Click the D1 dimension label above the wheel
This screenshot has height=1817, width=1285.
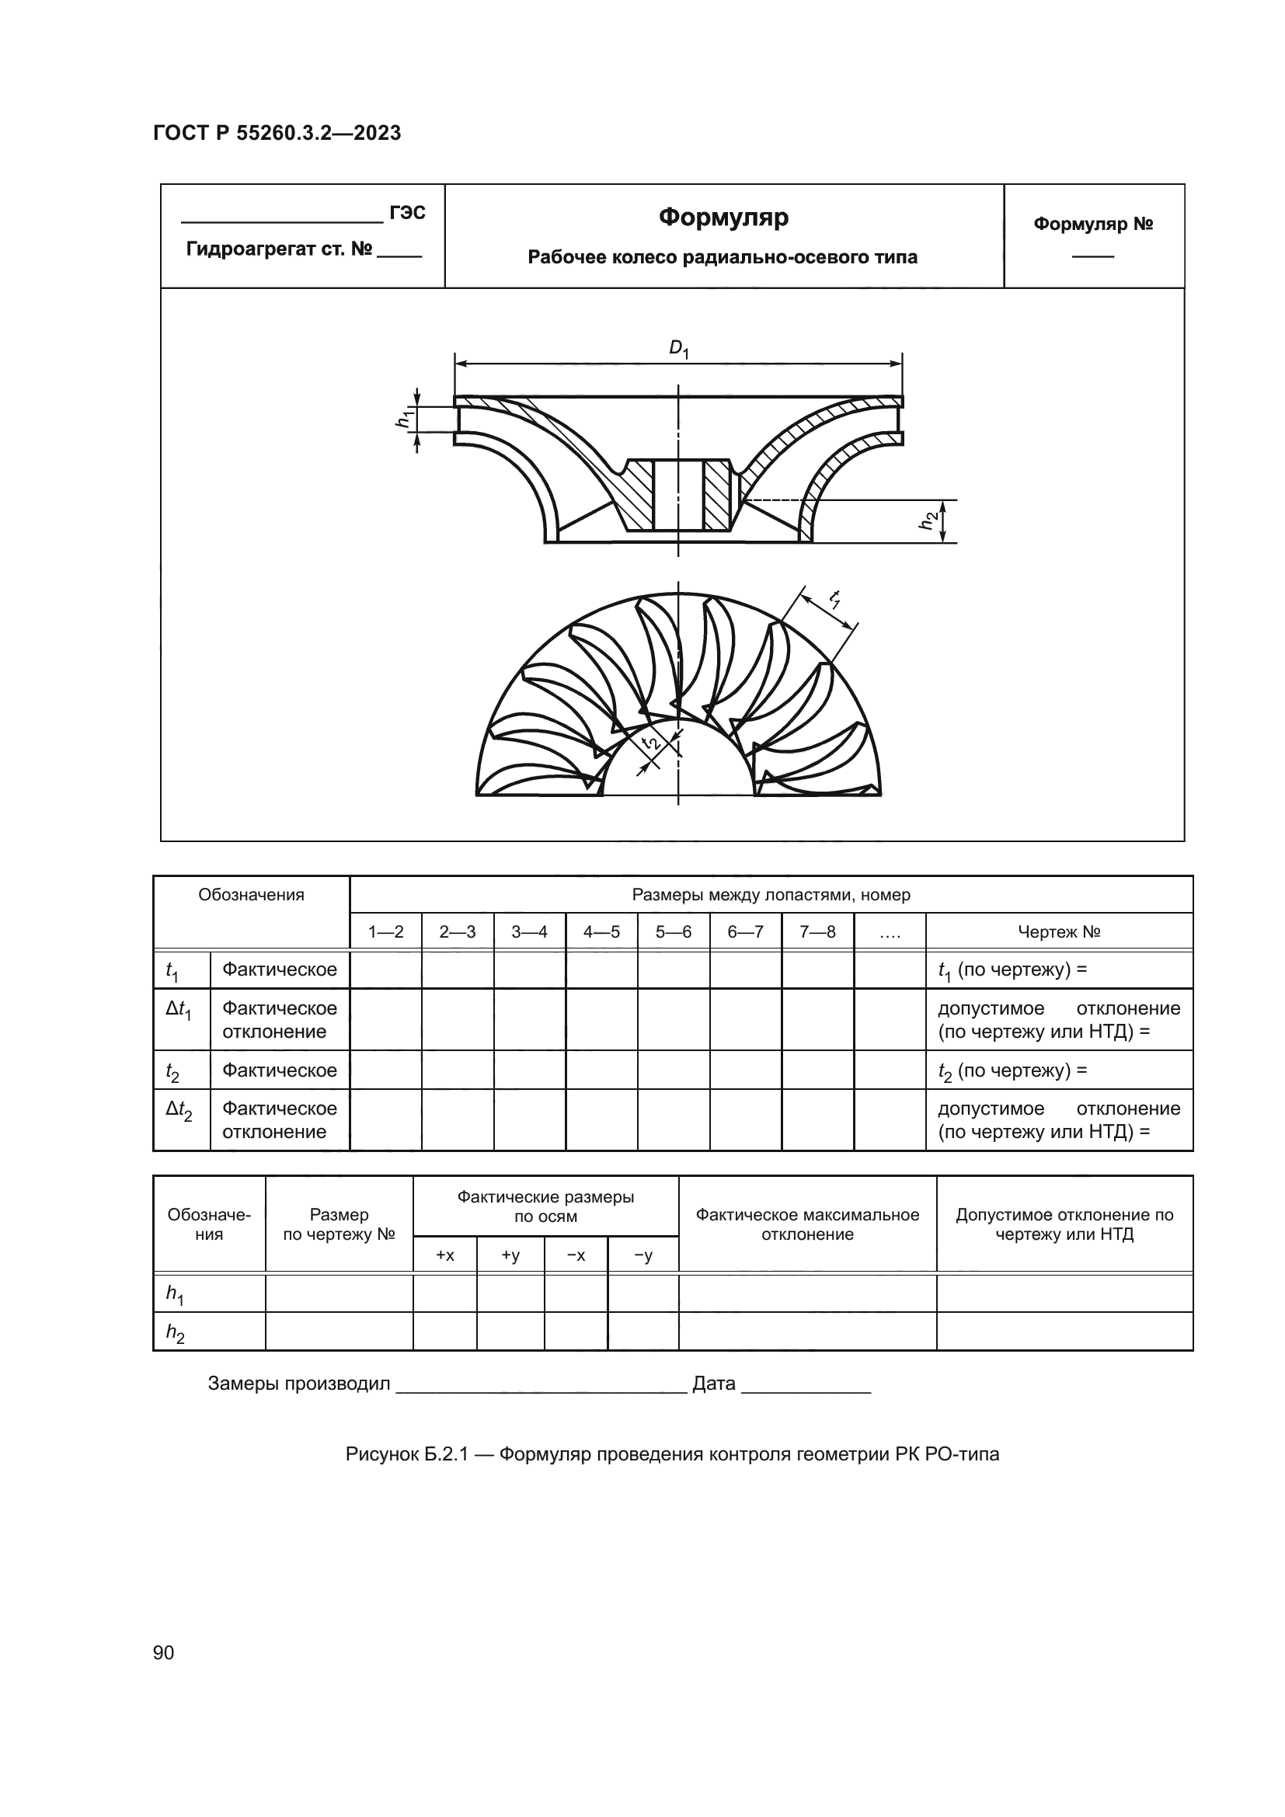(x=679, y=348)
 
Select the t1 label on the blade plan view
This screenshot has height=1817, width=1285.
(x=834, y=599)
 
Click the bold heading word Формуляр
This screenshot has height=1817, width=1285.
(x=723, y=217)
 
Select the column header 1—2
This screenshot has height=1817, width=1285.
(x=385, y=932)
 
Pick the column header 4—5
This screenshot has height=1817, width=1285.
(x=601, y=932)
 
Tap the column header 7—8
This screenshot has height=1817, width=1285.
(x=817, y=932)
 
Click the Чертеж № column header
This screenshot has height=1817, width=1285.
(x=1059, y=932)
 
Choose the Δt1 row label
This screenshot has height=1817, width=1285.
(x=179, y=1011)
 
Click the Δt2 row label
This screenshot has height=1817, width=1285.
(x=179, y=1111)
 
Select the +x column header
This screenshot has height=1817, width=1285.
(x=444, y=1256)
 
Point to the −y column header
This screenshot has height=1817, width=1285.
(x=643, y=1256)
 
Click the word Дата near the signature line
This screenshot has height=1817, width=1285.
(x=714, y=1384)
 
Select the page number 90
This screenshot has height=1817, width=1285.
(x=164, y=1652)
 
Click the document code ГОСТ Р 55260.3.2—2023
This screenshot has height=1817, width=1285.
(x=277, y=133)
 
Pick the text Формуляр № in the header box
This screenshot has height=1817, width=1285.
(x=1093, y=224)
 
